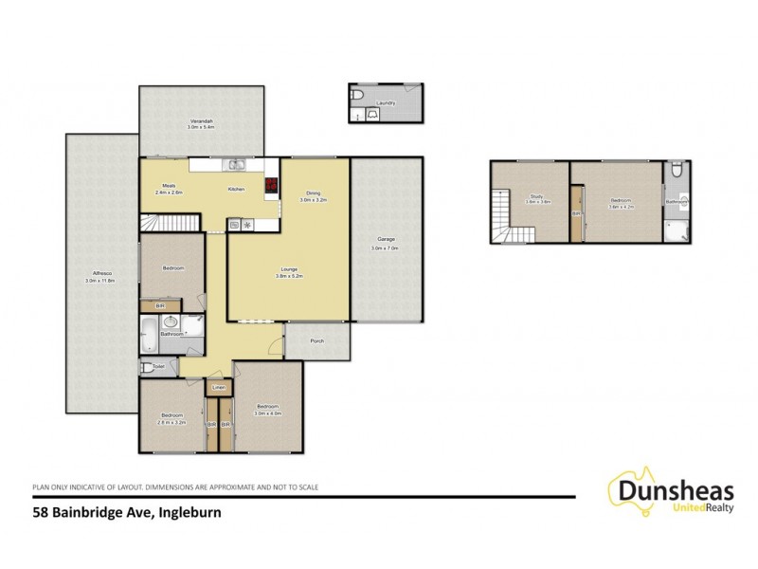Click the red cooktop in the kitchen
click(x=270, y=186)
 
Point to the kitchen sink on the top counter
click(x=235, y=167)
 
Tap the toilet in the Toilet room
click(x=146, y=366)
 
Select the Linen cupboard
click(x=219, y=387)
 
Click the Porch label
click(x=317, y=344)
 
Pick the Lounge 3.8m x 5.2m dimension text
click(x=287, y=276)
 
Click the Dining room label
click(x=313, y=195)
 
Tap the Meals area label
click(x=169, y=188)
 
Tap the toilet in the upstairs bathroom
click(x=675, y=172)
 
